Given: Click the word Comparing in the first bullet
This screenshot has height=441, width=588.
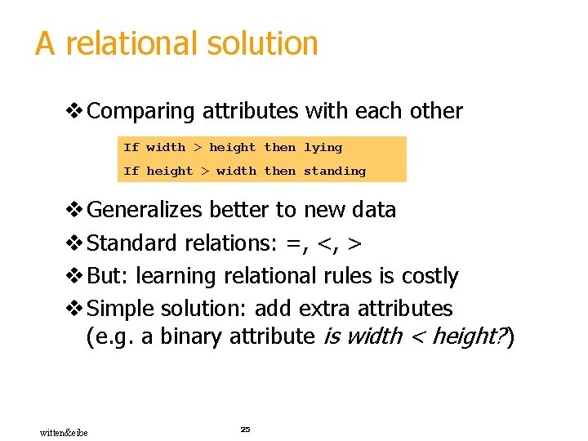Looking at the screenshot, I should pyautogui.click(x=141, y=111).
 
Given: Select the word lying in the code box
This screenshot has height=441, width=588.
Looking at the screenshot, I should pyautogui.click(x=323, y=148).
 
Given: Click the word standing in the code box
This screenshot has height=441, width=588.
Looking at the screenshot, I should pyautogui.click(x=335, y=171).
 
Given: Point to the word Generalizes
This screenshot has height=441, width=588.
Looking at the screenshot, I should pyautogui.click(x=145, y=210).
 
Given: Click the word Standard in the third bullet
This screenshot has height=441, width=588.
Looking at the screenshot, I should pyautogui.click(x=131, y=243).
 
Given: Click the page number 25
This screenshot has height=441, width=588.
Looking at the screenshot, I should pyautogui.click(x=245, y=429).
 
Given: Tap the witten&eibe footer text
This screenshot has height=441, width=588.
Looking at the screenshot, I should pyautogui.click(x=65, y=432).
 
